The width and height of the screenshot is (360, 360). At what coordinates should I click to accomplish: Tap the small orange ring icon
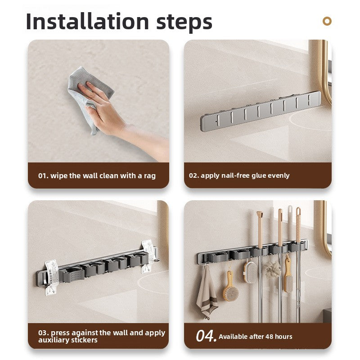[x=327, y=21]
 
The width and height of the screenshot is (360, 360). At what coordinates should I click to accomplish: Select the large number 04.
[x=206, y=336]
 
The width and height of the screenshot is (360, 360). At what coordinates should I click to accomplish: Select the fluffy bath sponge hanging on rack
[x=272, y=270]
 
